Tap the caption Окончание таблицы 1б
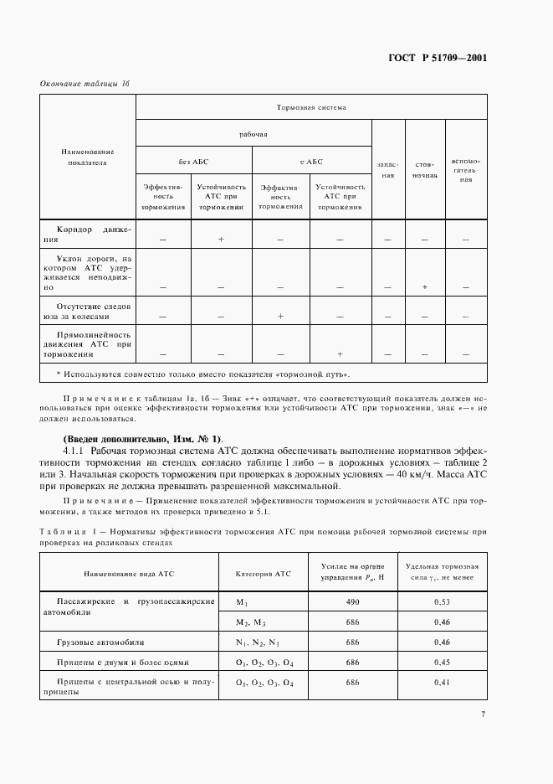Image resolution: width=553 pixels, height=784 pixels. coord(85,85)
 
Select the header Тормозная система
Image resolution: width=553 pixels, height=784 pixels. coord(311,108)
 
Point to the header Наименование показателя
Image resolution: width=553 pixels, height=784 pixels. coord(87,157)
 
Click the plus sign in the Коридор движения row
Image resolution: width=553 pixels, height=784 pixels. coord(221,240)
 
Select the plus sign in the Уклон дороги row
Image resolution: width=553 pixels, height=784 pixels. coord(425,287)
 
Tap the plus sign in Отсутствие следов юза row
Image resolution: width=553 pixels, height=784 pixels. coord(280,317)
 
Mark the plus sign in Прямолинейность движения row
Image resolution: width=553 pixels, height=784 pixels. coord(340,353)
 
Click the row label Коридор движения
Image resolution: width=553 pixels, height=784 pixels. coord(87,233)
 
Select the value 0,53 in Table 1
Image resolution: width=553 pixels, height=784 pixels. coord(441,602)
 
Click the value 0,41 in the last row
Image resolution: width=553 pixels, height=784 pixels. coord(441,683)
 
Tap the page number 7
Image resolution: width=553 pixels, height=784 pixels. coord(484,714)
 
